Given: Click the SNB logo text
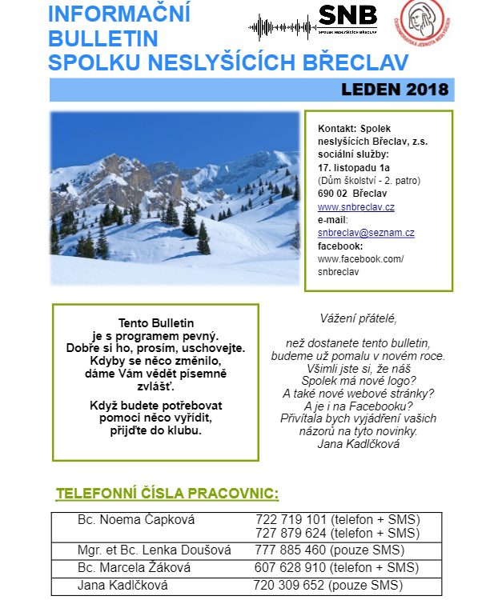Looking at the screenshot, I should click(347, 14).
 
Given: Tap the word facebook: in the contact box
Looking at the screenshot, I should click(340, 246).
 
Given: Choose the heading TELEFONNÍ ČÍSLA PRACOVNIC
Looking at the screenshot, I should click(167, 492).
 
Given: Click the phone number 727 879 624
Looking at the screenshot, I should click(291, 533).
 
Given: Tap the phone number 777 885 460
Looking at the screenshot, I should click(290, 550).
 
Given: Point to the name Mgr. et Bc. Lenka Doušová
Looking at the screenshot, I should click(154, 550).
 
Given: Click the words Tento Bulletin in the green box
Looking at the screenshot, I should click(156, 322).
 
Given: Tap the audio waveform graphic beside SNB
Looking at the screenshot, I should click(282, 26).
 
